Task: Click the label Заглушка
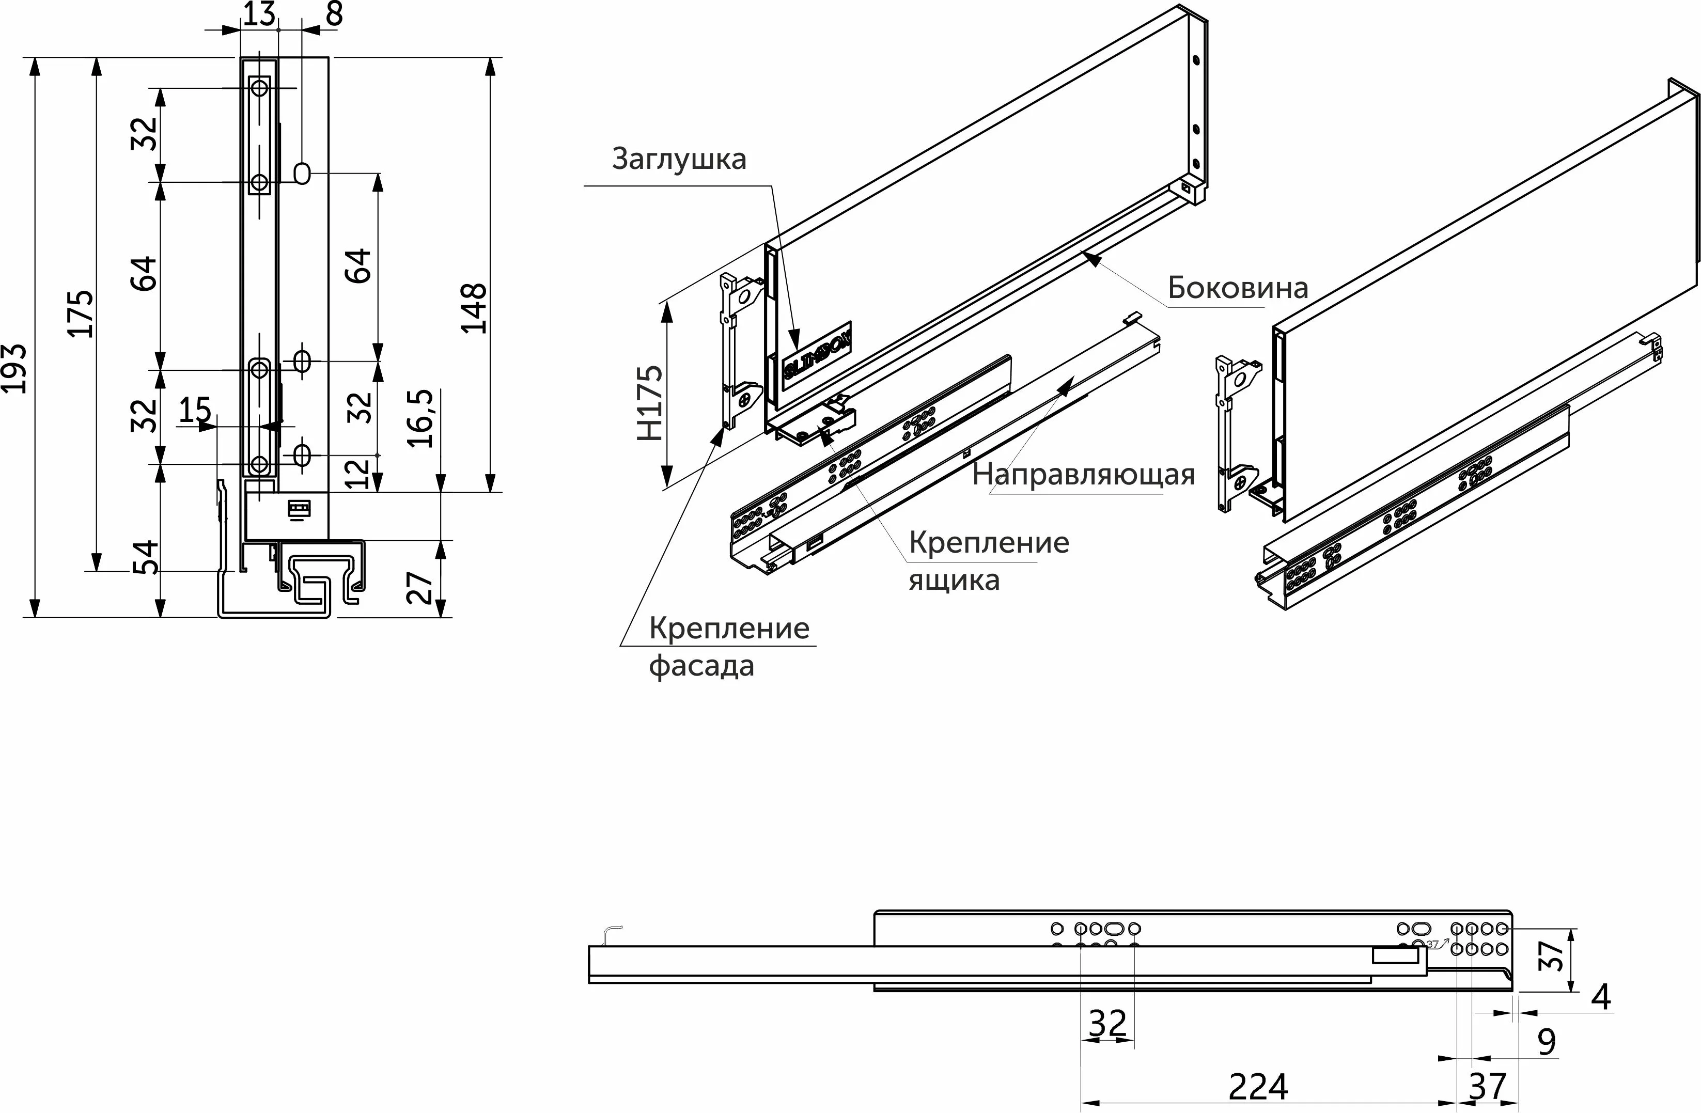pos(679,159)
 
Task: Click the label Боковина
pos(1238,288)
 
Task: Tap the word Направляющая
pos(1083,475)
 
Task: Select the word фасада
pos(701,667)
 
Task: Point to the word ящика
pos(954,580)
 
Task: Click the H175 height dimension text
pos(650,403)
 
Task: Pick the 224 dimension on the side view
pos(1258,1087)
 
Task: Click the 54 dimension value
pos(147,558)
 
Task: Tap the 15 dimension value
pos(194,410)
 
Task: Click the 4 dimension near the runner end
pos(1601,997)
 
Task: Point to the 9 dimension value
pos(1547,1042)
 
